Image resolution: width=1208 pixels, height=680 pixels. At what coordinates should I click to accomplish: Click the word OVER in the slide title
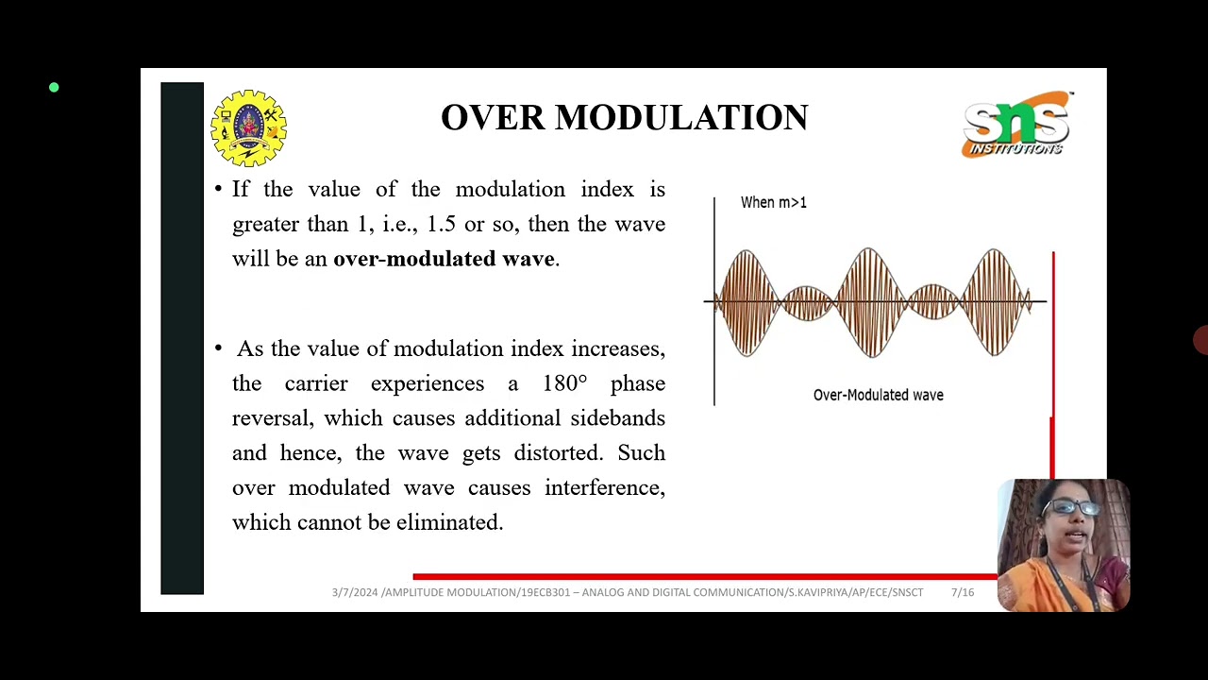point(493,118)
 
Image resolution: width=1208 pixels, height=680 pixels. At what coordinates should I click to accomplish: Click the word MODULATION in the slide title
point(680,118)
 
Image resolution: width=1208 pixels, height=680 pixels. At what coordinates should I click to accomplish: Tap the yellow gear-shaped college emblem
point(248,127)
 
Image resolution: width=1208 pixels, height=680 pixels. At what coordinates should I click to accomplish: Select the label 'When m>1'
point(773,202)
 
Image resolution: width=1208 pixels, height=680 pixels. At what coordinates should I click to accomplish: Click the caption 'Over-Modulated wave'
point(878,395)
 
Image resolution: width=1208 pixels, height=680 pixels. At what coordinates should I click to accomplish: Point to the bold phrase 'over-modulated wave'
point(444,259)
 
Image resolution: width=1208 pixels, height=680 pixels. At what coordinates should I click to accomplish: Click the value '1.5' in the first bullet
point(441,224)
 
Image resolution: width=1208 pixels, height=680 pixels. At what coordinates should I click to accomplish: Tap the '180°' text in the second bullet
point(564,383)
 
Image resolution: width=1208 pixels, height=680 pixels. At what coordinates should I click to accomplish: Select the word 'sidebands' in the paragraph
point(617,418)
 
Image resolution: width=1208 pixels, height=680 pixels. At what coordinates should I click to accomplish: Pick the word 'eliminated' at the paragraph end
point(448,522)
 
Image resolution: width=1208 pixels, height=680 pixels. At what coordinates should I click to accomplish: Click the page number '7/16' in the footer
point(962,592)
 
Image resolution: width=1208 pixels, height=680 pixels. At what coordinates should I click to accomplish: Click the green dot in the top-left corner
point(54,88)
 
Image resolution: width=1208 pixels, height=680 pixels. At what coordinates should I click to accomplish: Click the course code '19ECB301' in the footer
point(545,592)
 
